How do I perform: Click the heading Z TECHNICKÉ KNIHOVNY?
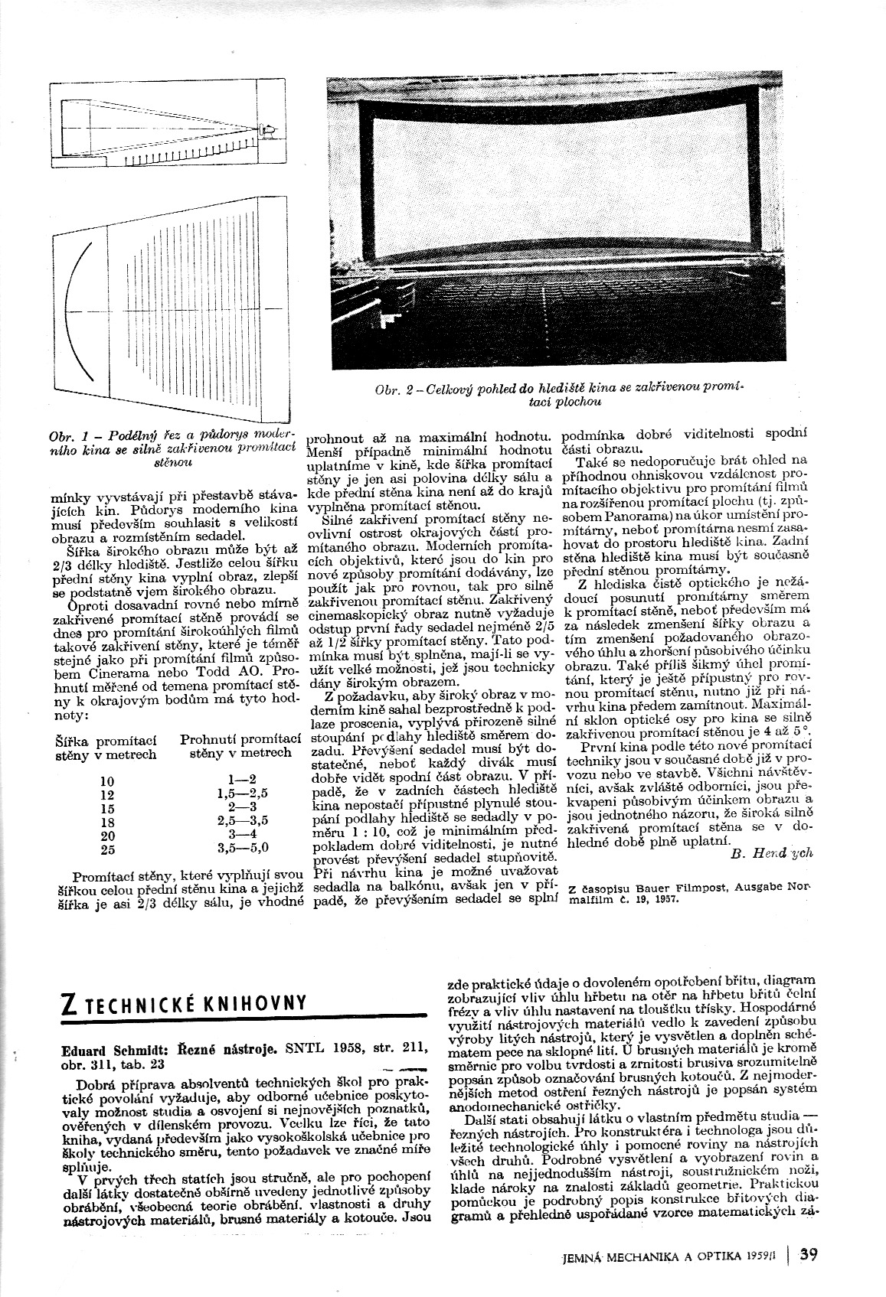point(184,1003)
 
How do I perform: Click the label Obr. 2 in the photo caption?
point(394,390)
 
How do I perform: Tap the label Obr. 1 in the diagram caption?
point(68,436)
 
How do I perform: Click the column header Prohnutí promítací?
point(239,740)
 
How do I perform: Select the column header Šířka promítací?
point(106,740)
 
